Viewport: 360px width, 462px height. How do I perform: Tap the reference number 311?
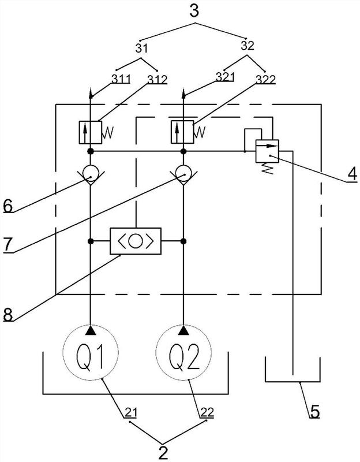point(121,79)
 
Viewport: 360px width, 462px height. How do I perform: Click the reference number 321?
point(225,77)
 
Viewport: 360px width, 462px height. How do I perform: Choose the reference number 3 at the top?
point(194,10)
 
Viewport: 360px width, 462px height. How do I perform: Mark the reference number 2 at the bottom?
point(163,453)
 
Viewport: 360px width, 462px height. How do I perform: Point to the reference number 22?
point(207,413)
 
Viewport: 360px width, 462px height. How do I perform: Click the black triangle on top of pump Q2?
point(183,330)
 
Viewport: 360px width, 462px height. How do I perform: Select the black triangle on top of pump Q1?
point(91,330)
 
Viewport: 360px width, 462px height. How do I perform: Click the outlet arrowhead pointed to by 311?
point(91,93)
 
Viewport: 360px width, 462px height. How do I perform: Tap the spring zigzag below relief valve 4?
point(268,169)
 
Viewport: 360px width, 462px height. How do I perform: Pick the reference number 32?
point(247,46)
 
